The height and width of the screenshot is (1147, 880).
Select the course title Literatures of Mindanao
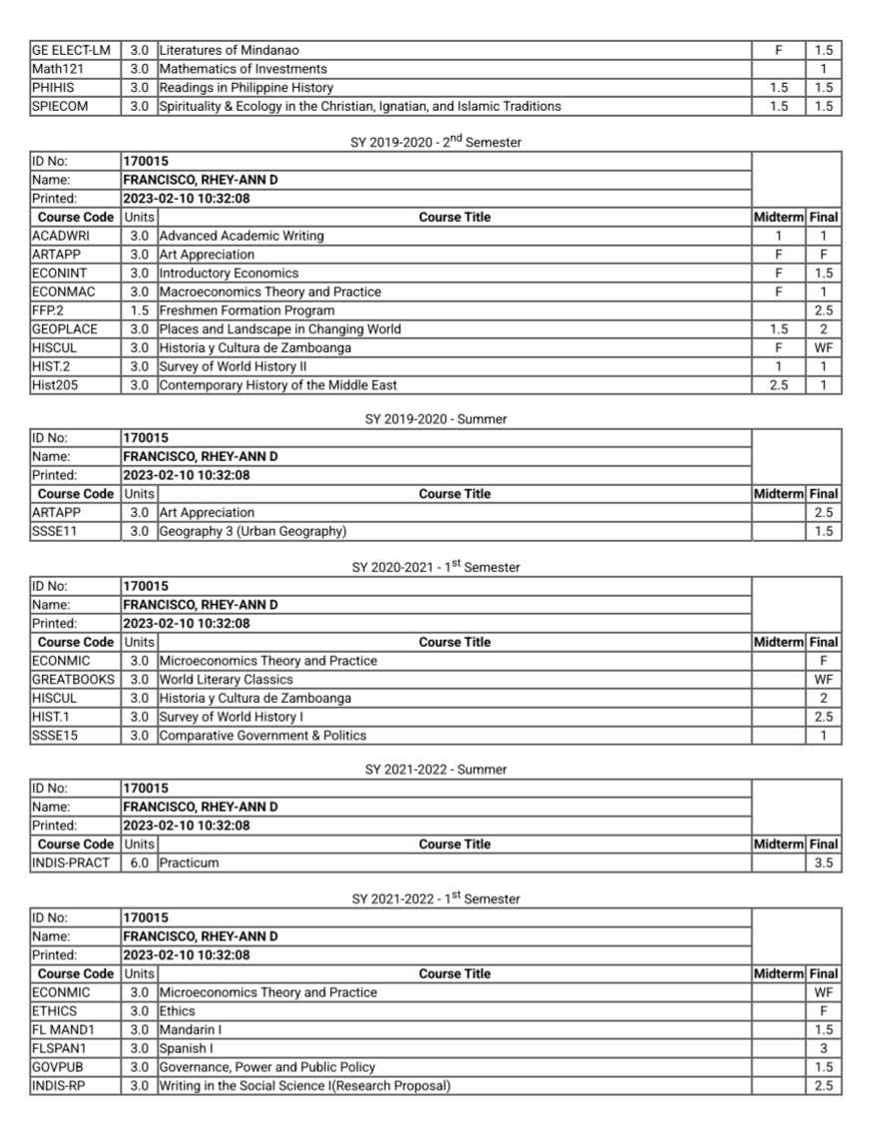click(x=228, y=50)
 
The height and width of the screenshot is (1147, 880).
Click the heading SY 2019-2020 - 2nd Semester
click(x=436, y=142)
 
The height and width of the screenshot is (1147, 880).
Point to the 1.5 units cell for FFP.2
click(x=140, y=310)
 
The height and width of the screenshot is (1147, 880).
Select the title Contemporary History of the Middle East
click(x=277, y=385)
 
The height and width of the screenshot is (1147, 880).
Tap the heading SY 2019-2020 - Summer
click(x=436, y=419)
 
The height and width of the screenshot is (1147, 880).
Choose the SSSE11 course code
click(x=54, y=531)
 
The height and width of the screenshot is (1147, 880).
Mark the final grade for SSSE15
click(x=823, y=736)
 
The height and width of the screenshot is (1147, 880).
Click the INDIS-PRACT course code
click(x=70, y=862)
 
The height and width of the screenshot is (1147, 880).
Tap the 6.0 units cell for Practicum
click(x=140, y=862)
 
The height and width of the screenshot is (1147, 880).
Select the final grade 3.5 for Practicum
click(x=823, y=862)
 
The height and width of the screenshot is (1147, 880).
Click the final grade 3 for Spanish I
click(x=823, y=1048)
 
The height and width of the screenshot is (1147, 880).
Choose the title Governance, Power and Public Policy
click(x=266, y=1067)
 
